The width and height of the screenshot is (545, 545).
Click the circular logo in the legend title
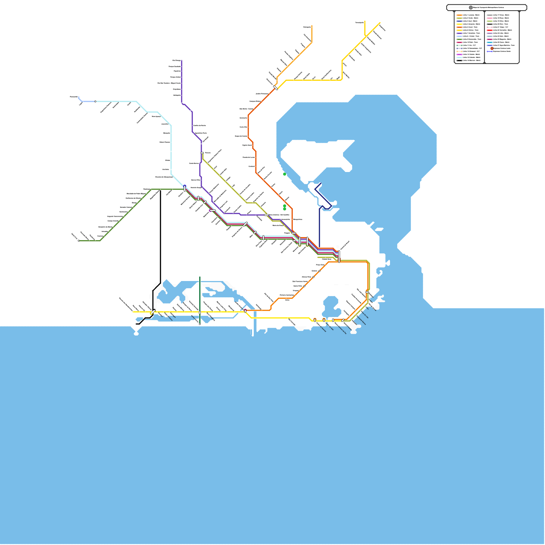[471, 7]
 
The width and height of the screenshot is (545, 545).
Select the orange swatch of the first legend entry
[459, 15]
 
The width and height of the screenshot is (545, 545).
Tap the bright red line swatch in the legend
[490, 30]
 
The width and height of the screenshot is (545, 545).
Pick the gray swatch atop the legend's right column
[490, 15]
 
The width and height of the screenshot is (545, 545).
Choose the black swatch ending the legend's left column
[459, 60]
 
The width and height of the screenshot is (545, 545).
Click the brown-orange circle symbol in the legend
[492, 48]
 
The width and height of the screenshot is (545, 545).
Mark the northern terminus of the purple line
[182, 61]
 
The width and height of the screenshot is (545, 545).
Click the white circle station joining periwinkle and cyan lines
[95, 102]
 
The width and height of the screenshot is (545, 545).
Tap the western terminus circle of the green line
[79, 241]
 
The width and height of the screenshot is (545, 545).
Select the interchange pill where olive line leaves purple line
[202, 153]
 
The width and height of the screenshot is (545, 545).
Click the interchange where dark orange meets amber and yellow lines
[276, 88]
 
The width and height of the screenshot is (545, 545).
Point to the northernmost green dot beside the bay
[285, 174]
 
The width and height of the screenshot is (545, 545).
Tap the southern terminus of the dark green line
[200, 324]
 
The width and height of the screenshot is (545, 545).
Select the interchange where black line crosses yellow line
[153, 311]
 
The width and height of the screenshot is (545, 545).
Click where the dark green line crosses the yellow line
[200, 312]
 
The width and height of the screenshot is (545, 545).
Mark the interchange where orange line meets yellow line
[245, 311]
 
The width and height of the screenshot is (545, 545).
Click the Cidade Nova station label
[326, 259]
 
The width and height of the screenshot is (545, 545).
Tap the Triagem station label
[287, 233]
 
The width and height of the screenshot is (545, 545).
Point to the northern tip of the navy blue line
[321, 184]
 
